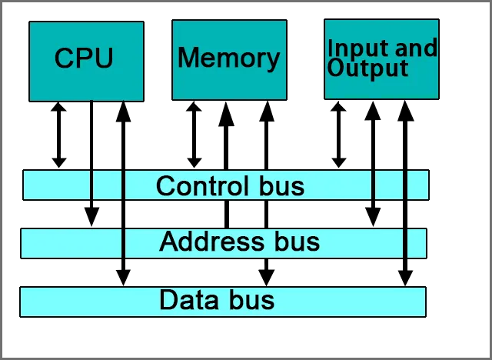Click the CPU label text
coord(84,58)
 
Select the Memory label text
coord(229,58)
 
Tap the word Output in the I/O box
coord(367,68)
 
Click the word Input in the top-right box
coord(353,49)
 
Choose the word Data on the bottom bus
coord(188,299)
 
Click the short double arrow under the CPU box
coord(58,135)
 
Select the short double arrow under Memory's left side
coord(194,135)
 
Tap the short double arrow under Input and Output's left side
coord(338,135)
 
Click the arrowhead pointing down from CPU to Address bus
coord(91,217)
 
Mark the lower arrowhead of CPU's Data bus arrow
coord(123,278)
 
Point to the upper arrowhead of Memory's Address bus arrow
coord(226,115)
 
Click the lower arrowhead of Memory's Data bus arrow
coord(267,278)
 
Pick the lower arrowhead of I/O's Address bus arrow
coord(373,217)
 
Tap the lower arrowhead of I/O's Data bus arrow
coord(405,278)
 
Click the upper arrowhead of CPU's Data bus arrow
coord(123,112)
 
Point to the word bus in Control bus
coord(281,186)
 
